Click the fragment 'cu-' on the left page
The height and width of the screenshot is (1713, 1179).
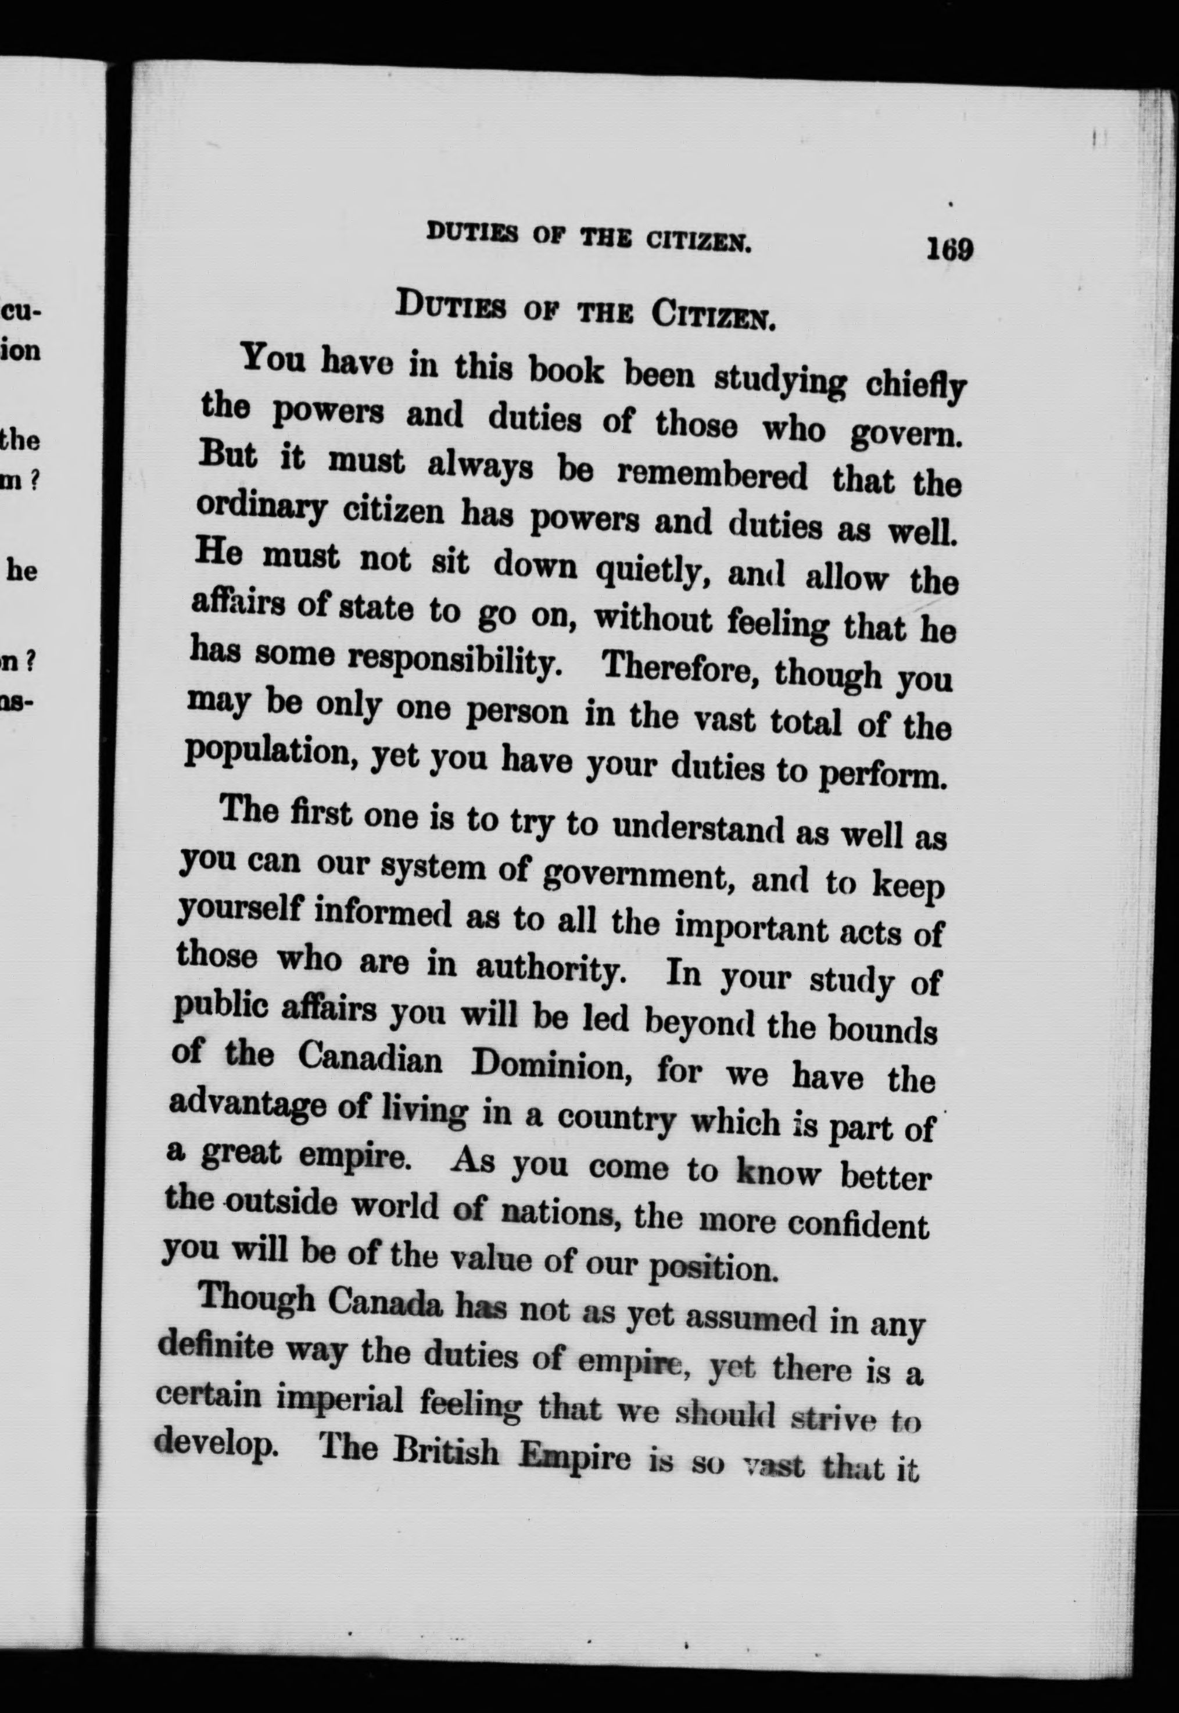pyautogui.click(x=22, y=310)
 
